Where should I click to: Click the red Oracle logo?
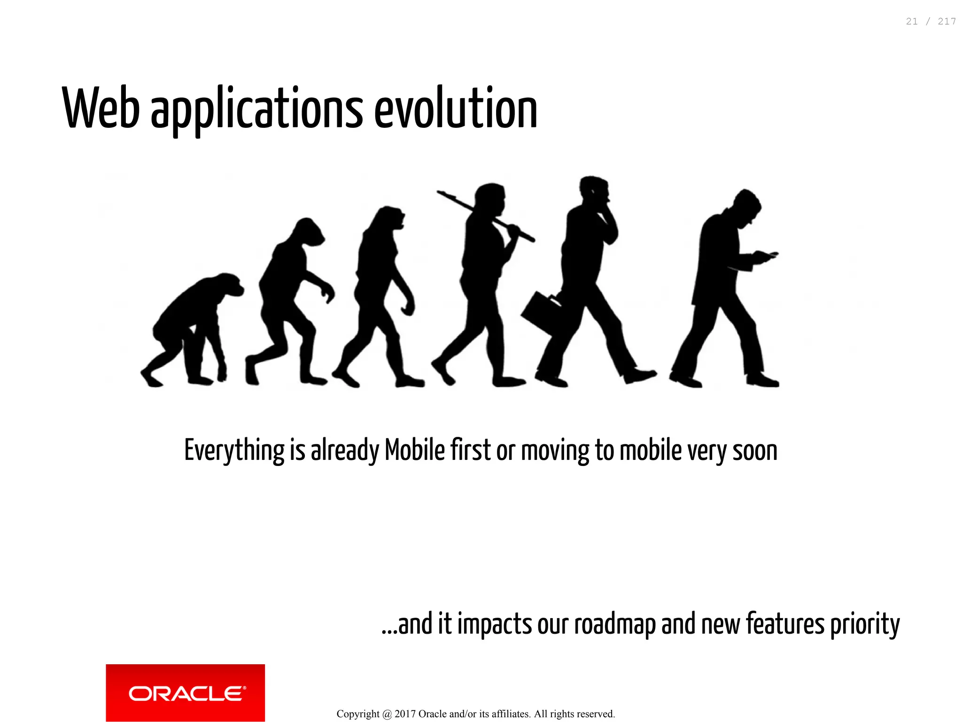185,692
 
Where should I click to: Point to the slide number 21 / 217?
931,22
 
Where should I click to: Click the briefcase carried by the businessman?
540,312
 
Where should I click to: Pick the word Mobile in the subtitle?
415,450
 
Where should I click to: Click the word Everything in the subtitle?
234,450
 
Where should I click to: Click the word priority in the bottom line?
865,625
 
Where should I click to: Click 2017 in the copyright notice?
405,714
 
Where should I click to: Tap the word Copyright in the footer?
358,714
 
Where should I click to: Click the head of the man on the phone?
594,190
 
